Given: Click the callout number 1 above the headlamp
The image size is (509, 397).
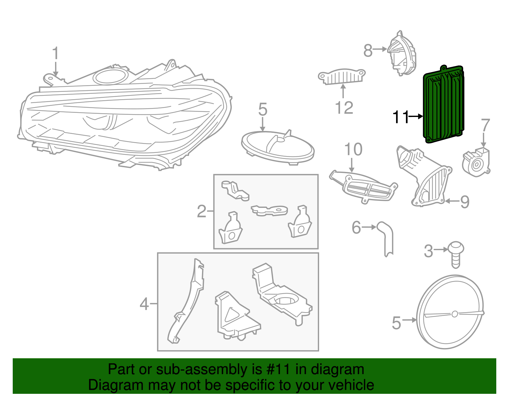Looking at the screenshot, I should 56,53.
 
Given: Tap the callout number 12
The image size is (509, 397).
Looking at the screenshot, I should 344,108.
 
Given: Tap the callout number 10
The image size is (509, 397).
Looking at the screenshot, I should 353,149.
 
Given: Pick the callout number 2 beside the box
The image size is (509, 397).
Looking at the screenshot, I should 202,211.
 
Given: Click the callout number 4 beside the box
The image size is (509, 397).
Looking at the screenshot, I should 144,304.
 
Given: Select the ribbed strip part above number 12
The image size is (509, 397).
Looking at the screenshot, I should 342,77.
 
